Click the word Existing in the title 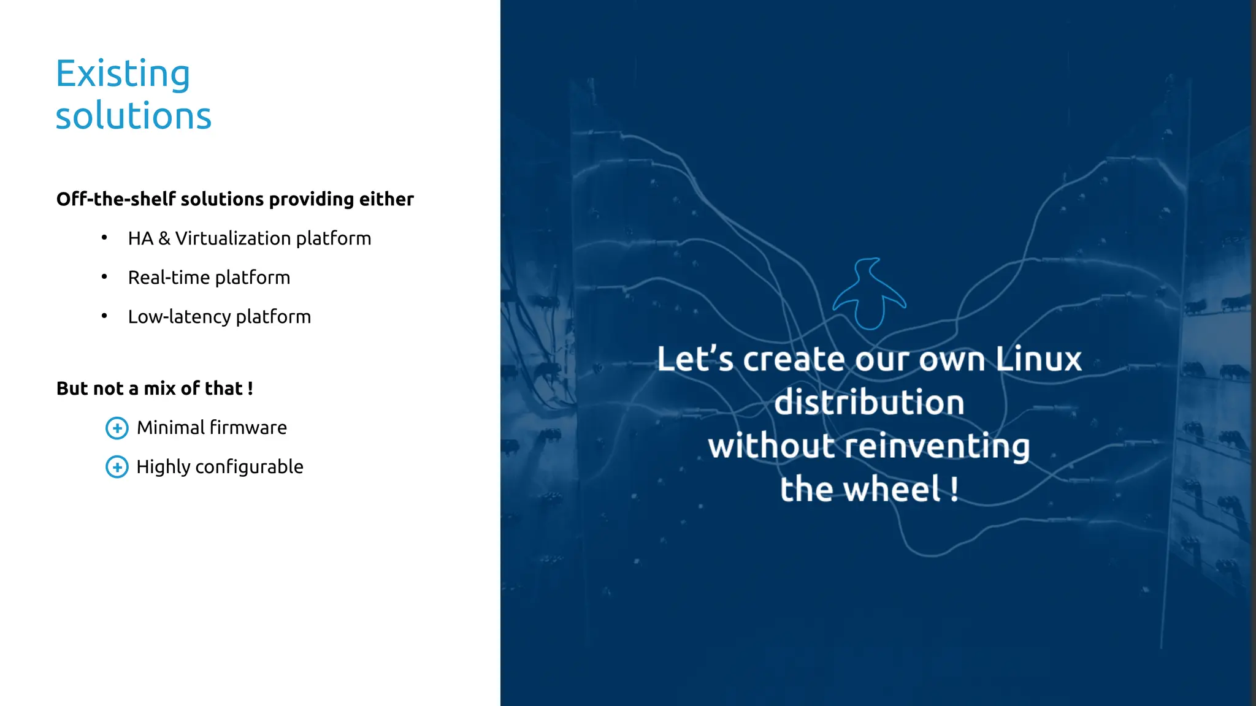[x=123, y=74]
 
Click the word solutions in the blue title [x=134, y=116]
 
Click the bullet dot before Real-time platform [x=104, y=277]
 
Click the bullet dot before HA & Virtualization [x=104, y=238]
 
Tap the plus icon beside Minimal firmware [x=117, y=428]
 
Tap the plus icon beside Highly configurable [x=117, y=467]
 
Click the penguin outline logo [x=869, y=294]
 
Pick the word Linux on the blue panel [x=1038, y=359]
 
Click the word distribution [x=869, y=403]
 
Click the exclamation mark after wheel [x=954, y=490]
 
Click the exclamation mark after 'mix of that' [x=250, y=389]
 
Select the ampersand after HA [x=164, y=238]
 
